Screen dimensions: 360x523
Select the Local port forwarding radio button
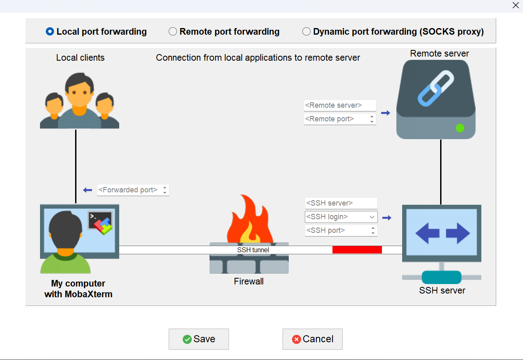point(50,32)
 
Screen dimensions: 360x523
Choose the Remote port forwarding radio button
point(173,32)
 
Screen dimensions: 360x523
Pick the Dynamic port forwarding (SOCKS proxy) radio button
point(306,32)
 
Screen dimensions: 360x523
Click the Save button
point(199,339)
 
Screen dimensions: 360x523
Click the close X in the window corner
point(516,5)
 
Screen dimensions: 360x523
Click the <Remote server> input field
point(340,105)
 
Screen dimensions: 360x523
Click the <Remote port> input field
point(336,119)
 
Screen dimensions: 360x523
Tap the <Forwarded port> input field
point(129,190)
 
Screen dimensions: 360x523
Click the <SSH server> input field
point(341,203)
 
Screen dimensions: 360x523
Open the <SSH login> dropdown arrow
point(372,217)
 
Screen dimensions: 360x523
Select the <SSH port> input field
point(337,230)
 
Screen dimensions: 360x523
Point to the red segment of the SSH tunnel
point(357,250)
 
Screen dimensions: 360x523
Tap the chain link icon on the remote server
point(436,88)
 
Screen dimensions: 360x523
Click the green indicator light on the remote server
point(460,128)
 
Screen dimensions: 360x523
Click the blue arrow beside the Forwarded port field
point(87,190)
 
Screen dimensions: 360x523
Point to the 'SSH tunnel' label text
point(253,250)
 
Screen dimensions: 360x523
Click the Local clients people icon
point(80,101)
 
